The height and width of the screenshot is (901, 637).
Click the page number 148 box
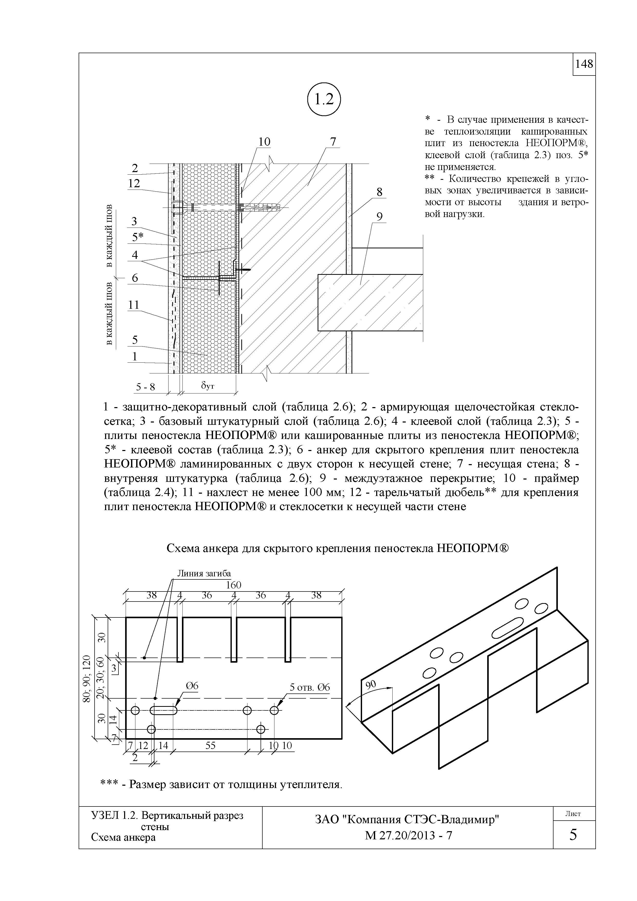click(584, 64)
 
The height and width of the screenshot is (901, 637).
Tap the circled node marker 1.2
click(324, 100)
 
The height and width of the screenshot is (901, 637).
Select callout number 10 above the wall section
click(264, 142)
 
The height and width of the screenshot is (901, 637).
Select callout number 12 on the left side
click(134, 184)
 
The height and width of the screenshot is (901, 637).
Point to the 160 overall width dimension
click(234, 585)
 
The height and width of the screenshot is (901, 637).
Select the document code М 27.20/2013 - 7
click(408, 847)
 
